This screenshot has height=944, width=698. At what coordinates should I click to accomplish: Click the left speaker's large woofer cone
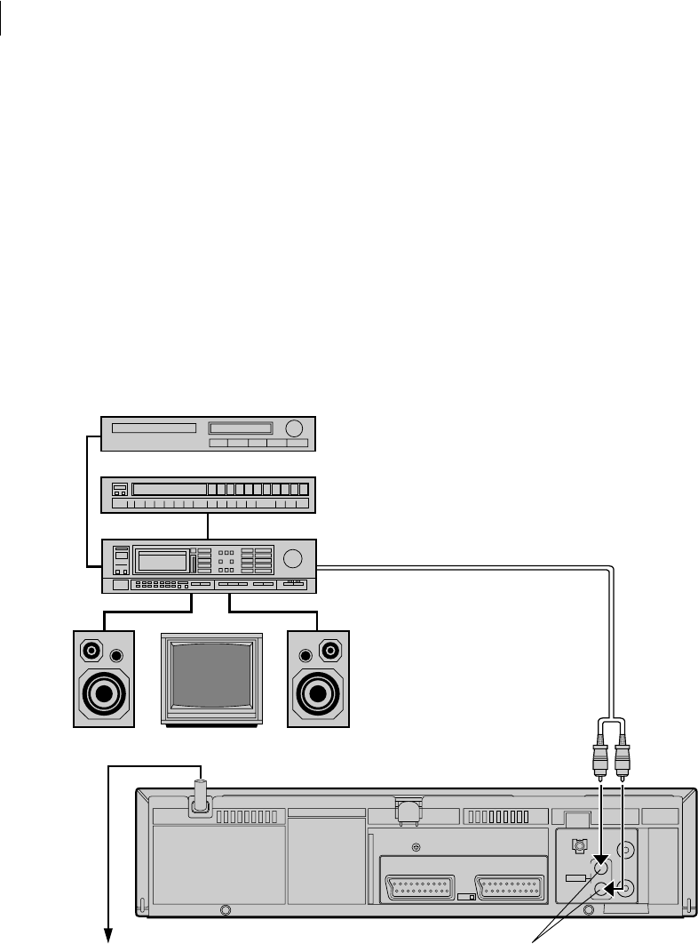click(104, 692)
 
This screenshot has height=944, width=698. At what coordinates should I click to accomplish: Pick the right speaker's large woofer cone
click(319, 692)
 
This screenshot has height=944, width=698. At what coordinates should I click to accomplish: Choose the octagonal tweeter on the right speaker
click(330, 652)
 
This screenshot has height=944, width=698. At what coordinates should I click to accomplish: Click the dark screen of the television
click(211, 676)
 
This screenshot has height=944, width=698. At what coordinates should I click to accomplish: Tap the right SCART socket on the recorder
click(511, 887)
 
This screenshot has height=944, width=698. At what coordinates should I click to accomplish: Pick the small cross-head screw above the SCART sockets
click(411, 846)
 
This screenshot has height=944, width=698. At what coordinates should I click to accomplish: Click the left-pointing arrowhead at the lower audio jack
click(610, 886)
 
